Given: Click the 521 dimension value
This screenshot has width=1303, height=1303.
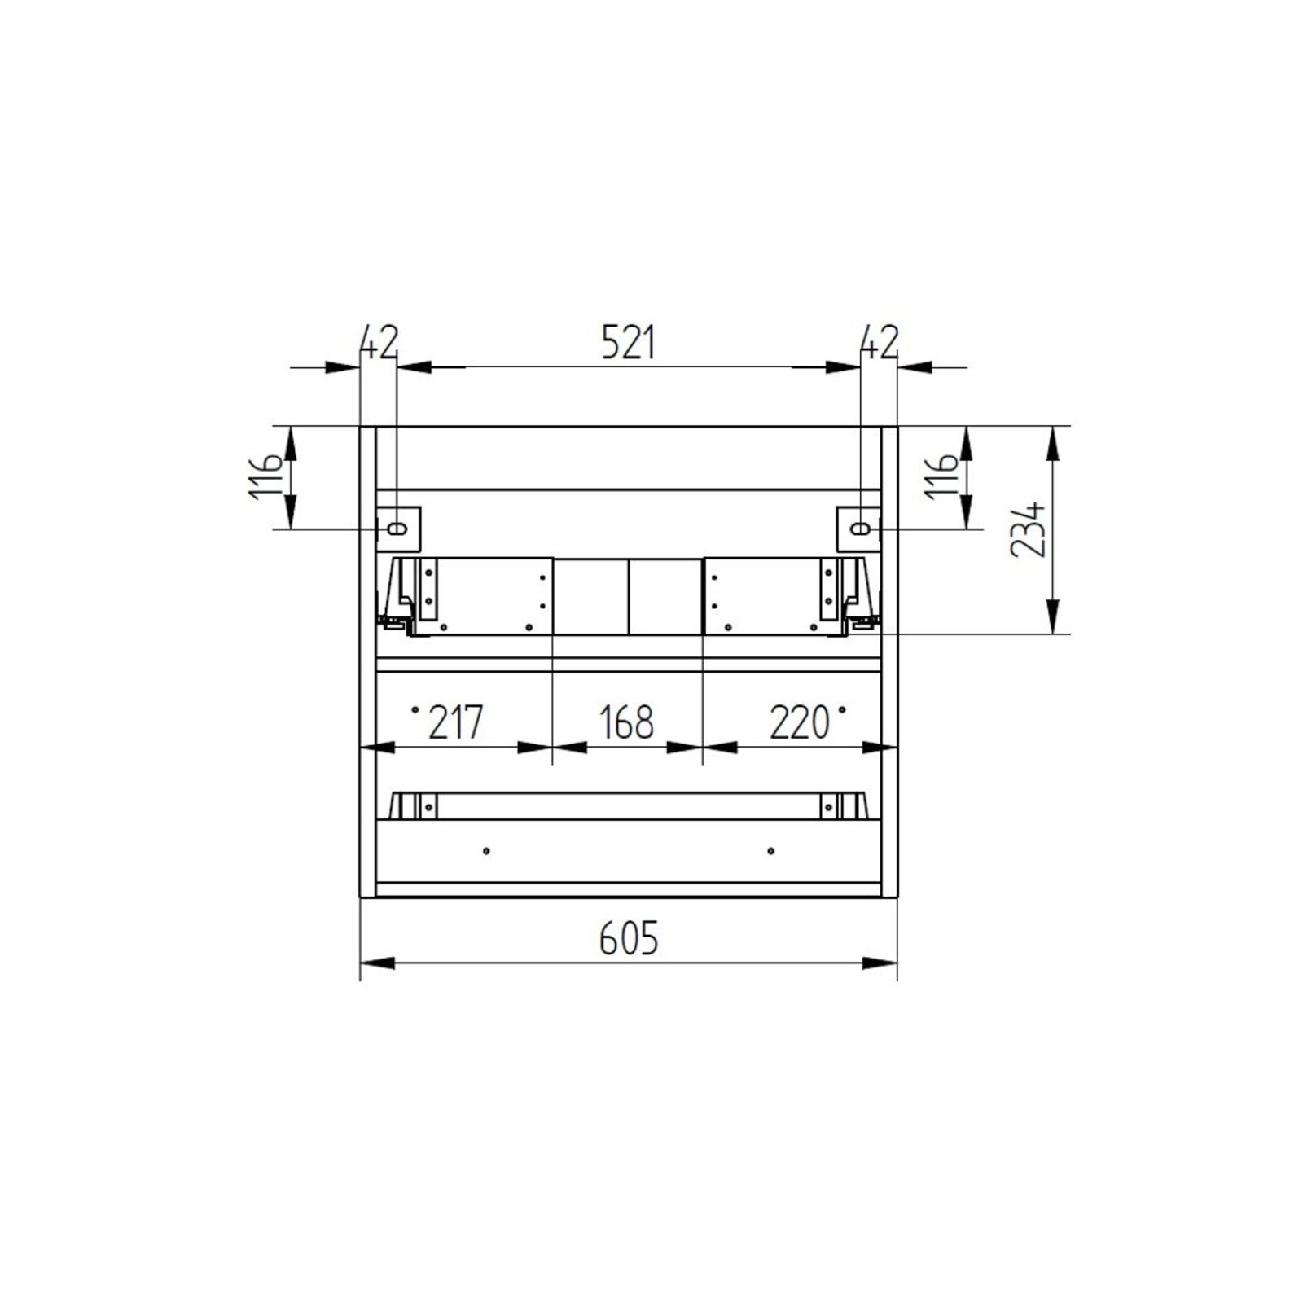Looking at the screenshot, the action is coord(628,344).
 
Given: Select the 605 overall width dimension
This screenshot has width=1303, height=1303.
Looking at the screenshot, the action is coord(628,940).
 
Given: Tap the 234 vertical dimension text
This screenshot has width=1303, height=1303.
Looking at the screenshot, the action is coord(1027,529).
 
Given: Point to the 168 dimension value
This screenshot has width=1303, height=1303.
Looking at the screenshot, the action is coord(626,722).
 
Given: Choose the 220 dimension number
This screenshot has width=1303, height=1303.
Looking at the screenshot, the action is coord(800,722).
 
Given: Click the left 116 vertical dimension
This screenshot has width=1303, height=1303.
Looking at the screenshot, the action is coord(266,477).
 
